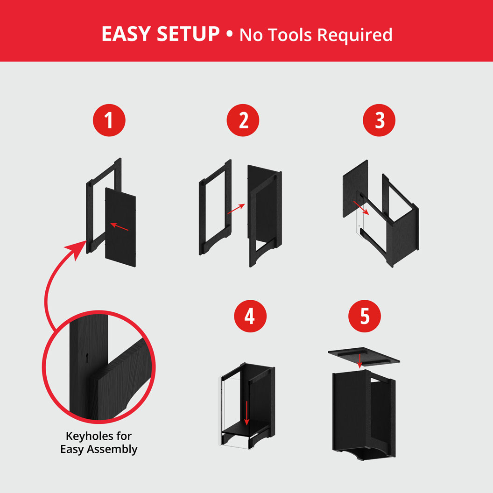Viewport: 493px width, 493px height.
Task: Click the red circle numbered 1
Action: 109,120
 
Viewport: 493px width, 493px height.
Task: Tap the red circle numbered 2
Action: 243,120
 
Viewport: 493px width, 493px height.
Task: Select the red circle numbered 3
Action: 379,120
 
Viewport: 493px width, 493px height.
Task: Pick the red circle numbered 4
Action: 250,316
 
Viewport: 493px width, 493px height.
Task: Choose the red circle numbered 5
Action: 365,316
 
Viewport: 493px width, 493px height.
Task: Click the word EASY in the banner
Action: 125,35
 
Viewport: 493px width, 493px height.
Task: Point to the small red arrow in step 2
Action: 236,209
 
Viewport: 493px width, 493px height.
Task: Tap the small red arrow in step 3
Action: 362,207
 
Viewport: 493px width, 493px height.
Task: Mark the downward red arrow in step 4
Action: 247,413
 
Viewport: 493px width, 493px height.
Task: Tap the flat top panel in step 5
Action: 363,355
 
